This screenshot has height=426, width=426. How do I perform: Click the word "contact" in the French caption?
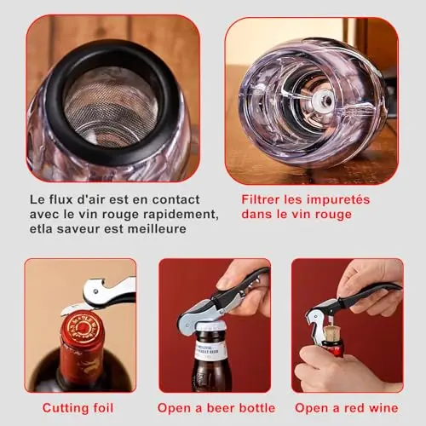(x=176, y=199)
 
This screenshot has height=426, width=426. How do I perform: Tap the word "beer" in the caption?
(x=221, y=408)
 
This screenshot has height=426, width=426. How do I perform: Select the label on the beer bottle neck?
(x=210, y=352)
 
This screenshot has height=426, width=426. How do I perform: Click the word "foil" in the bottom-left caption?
(x=103, y=408)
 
